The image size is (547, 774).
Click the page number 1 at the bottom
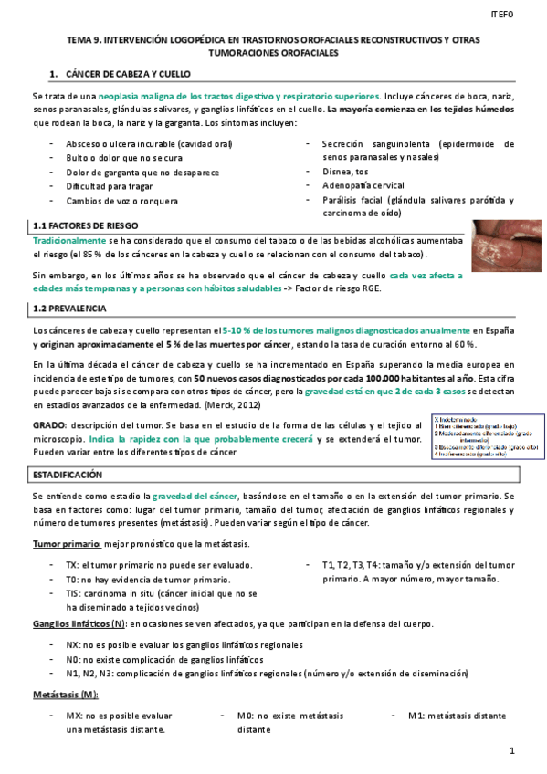(x=512, y=750)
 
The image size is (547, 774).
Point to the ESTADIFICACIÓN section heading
(x=68, y=476)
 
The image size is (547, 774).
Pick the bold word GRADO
(x=47, y=426)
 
